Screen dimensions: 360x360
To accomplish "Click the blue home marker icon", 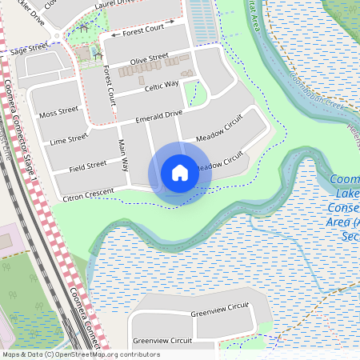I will point(180,173).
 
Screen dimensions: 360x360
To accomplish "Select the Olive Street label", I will point(150,58).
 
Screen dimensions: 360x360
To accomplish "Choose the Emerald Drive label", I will point(159,117).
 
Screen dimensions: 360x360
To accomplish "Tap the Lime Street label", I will point(68,139).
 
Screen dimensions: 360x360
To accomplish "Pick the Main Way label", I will point(123,155).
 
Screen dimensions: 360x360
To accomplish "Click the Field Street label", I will point(87,166).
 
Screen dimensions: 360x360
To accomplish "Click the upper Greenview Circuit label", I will point(220,309).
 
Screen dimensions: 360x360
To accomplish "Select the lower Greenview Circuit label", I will point(162,340).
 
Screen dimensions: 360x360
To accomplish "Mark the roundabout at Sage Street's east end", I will point(58,37).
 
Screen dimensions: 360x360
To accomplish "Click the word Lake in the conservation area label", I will point(346,194).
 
